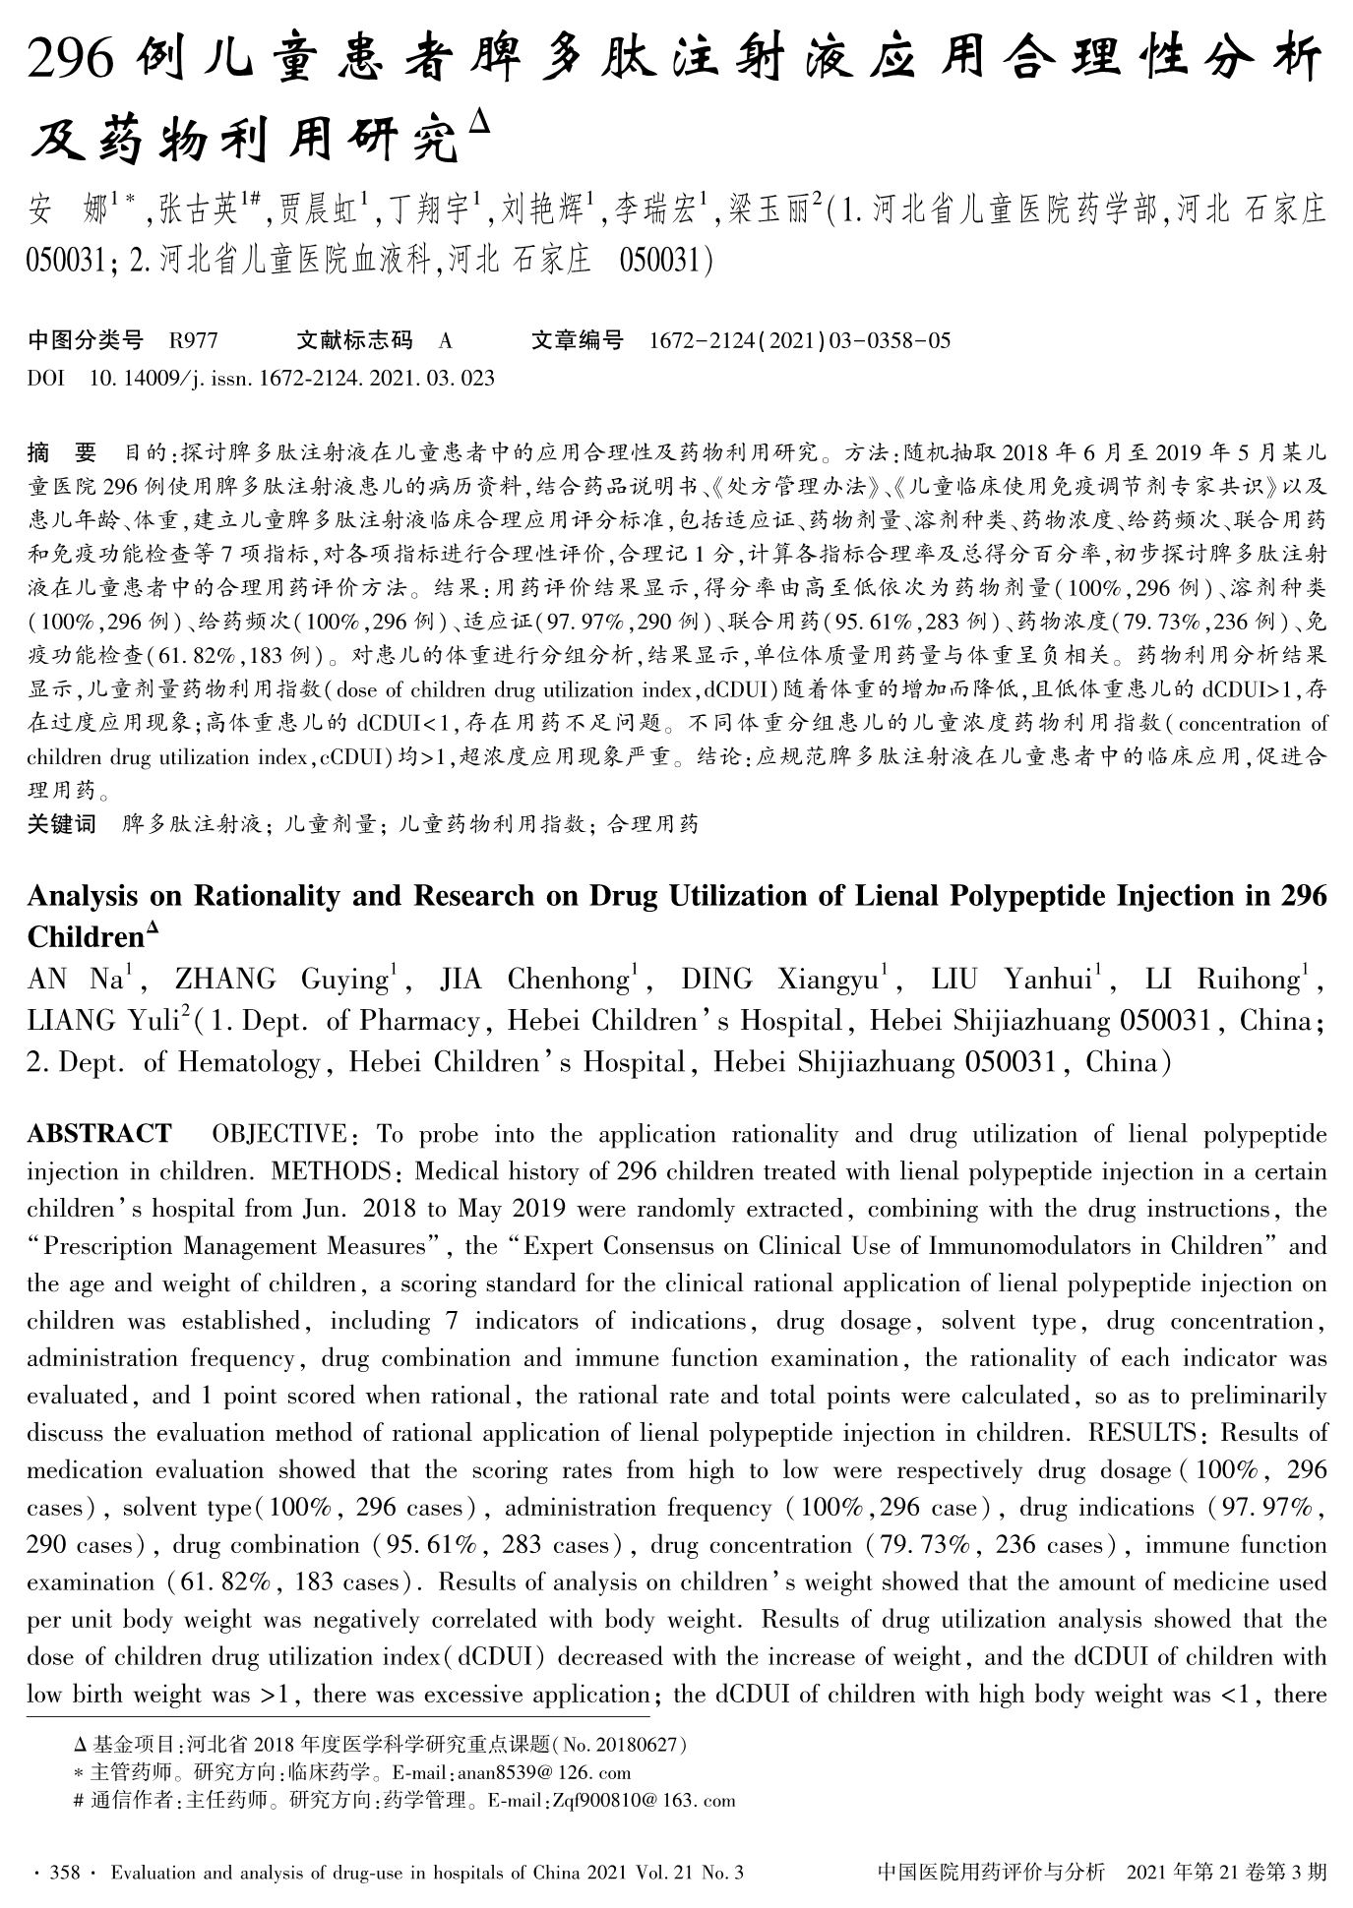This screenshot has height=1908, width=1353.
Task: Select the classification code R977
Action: [193, 341]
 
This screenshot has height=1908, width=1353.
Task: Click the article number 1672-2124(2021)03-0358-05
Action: [800, 341]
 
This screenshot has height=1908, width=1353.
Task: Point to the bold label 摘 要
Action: [62, 453]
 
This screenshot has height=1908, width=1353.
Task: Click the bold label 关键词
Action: [62, 824]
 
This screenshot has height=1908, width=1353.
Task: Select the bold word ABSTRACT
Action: [99, 1134]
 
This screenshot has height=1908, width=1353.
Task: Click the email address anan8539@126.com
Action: [544, 1773]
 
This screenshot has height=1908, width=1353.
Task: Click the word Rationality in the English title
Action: [261, 896]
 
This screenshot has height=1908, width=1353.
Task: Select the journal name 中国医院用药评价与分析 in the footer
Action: [991, 1873]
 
